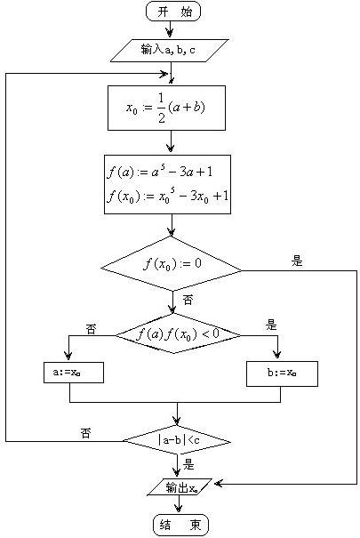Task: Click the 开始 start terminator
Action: (173, 12)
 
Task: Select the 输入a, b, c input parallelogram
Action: (170, 51)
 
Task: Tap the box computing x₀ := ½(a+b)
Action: (166, 108)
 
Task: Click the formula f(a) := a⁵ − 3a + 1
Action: (160, 172)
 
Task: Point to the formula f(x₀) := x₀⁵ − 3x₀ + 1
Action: (167, 197)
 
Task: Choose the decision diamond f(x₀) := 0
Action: (171, 263)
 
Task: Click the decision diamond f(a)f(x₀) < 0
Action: (178, 333)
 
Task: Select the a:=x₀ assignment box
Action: (74, 372)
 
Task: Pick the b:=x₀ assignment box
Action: (282, 373)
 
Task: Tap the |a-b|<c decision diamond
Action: (177, 440)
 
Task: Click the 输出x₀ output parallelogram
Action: (180, 487)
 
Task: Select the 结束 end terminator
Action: (180, 525)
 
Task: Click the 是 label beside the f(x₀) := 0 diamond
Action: (297, 261)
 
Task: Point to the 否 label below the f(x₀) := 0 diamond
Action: (188, 301)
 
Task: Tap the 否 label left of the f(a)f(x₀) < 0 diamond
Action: (91, 329)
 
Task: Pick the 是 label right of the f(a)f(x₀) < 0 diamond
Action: (271, 325)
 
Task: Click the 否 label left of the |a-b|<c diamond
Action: (85, 433)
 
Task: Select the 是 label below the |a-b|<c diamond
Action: (188, 464)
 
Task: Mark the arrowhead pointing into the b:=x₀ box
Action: (277, 355)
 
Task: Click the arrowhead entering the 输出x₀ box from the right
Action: (219, 484)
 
